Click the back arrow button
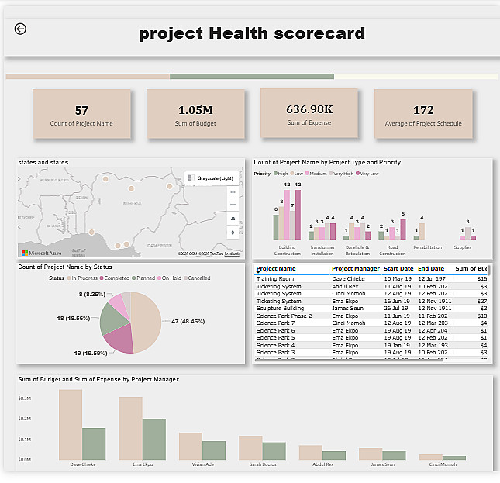pyautogui.click(x=20, y=29)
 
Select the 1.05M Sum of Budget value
pyautogui.click(x=195, y=110)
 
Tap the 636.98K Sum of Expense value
pyautogui.click(x=309, y=109)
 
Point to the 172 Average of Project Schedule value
pyautogui.click(x=423, y=110)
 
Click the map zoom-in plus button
pyautogui.click(x=233, y=191)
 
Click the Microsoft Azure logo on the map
pyautogui.click(x=40, y=254)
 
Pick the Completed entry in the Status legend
pyautogui.click(x=116, y=278)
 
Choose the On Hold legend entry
pyautogui.click(x=170, y=278)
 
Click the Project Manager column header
pyautogui.click(x=355, y=269)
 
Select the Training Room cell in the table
pyautogui.click(x=275, y=278)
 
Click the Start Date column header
pyautogui.click(x=398, y=269)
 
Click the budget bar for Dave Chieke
pyautogui.click(x=71, y=424)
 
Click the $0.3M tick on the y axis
pyautogui.click(x=24, y=398)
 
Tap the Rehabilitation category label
pyautogui.click(x=427, y=248)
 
